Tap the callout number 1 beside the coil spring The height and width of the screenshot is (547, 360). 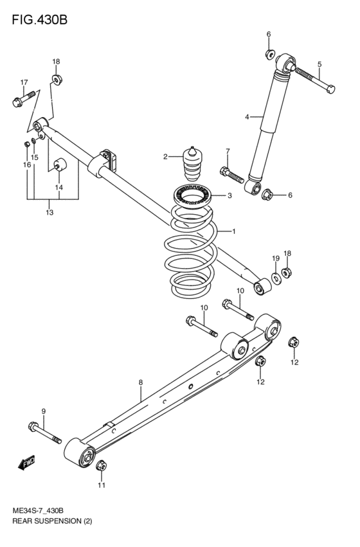(x=234, y=231)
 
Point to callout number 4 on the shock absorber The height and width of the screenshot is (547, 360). (x=246, y=116)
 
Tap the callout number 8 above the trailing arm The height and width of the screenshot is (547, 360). (x=140, y=383)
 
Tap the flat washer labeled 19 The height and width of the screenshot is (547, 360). (x=275, y=277)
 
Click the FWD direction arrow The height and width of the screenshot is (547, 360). (x=27, y=463)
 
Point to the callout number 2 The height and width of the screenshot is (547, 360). (x=165, y=156)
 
